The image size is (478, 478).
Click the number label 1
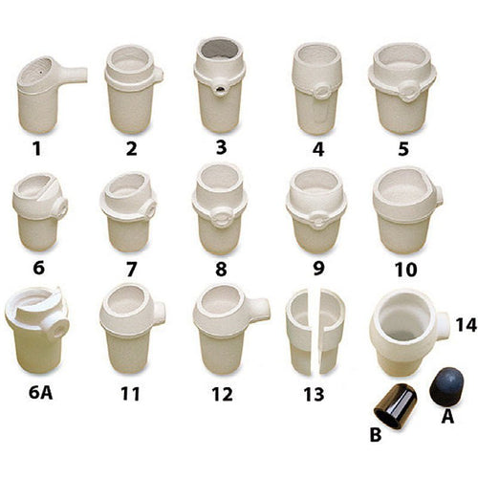coord(37,149)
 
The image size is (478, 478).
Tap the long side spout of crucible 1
coord(74,75)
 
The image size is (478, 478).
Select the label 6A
coord(40,393)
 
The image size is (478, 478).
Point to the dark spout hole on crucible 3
coord(220,91)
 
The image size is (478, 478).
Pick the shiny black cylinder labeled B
coord(396,404)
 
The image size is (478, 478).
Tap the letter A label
coord(447,416)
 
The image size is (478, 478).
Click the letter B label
coord(376,435)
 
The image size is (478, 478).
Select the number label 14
coord(466,325)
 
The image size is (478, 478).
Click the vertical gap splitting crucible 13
coord(315,332)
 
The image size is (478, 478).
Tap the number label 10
coord(406,270)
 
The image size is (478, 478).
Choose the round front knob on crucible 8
coord(221,216)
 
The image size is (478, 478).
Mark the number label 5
coord(403,149)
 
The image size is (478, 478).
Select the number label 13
coord(314,394)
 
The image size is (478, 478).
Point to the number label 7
coord(131,270)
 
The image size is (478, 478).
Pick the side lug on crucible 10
coord(439,196)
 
